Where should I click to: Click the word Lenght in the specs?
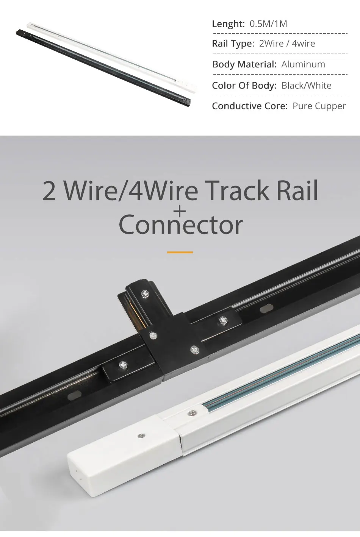(228, 24)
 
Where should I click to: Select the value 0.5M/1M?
(268, 24)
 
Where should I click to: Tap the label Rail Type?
(233, 44)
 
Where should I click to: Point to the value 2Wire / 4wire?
(287, 44)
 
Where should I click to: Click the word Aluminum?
(303, 64)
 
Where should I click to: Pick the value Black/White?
(306, 86)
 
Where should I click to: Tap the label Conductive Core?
(250, 106)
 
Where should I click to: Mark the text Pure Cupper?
(319, 106)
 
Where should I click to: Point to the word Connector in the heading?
(180, 225)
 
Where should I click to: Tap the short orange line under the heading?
(180, 252)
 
